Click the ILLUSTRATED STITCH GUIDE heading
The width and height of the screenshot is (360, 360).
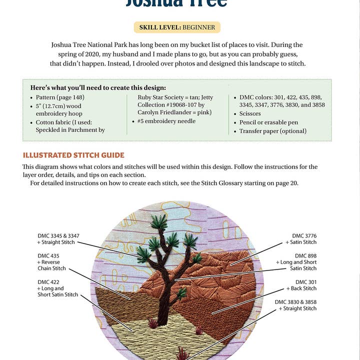point(73,155)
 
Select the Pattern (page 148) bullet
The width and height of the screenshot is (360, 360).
point(59,97)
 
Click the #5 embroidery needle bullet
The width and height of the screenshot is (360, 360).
point(166,121)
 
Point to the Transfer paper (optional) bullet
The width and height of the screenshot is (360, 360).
point(272,131)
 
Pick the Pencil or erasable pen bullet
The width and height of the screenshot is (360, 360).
point(268,122)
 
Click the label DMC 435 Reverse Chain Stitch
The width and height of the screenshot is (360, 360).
point(51,262)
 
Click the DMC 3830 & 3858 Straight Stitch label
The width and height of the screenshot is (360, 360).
point(295,305)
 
